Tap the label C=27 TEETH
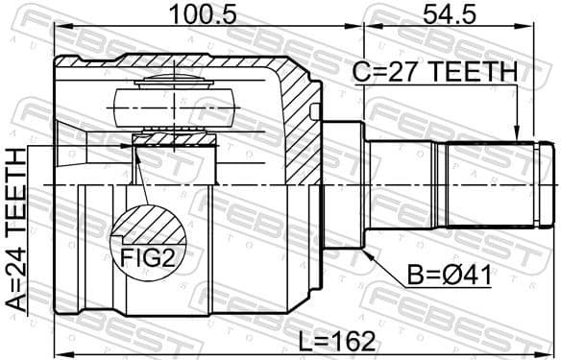433,73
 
